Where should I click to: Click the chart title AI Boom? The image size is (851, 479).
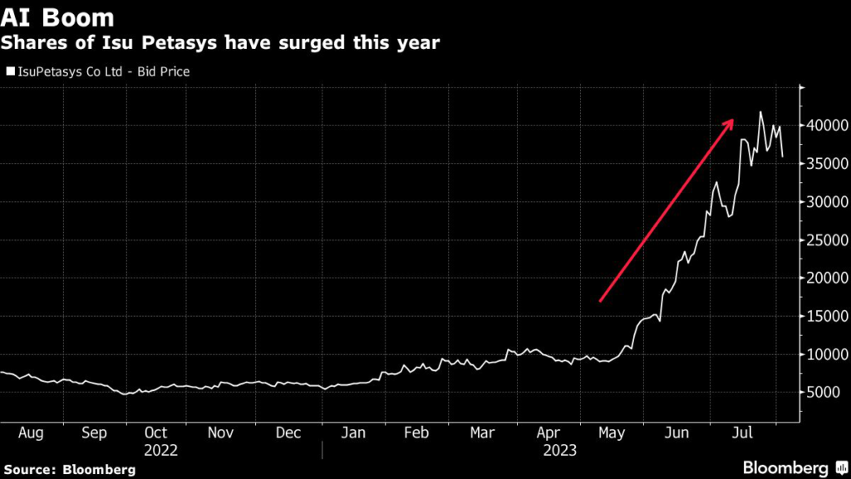(58, 17)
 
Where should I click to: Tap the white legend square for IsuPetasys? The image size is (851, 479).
(11, 72)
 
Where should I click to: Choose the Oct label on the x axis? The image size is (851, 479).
(155, 433)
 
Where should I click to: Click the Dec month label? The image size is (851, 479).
(288, 433)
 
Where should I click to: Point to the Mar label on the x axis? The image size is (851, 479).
(481, 433)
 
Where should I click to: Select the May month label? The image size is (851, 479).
(611, 433)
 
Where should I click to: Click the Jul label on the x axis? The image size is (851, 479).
(742, 433)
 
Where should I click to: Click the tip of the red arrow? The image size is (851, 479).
(732, 121)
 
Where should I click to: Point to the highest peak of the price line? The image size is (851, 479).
(760, 112)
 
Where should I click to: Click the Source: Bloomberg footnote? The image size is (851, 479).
(68, 469)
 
